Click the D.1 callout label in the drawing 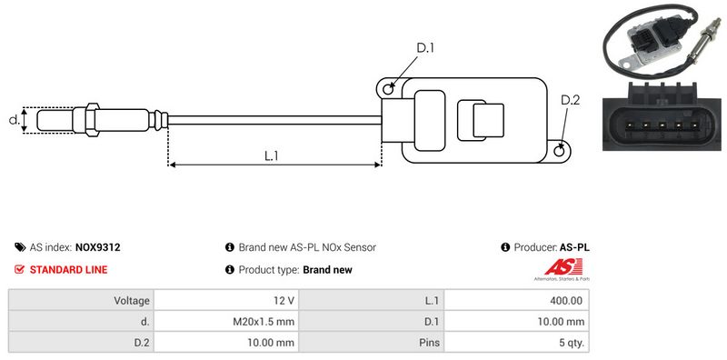pos(424,48)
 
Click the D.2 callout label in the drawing pos(570,100)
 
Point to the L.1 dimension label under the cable pos(271,155)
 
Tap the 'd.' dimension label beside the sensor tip pos(15,120)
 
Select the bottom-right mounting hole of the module pos(560,150)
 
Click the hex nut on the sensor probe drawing pos(92,120)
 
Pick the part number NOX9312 pos(98,247)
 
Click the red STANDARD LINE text pos(69,269)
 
